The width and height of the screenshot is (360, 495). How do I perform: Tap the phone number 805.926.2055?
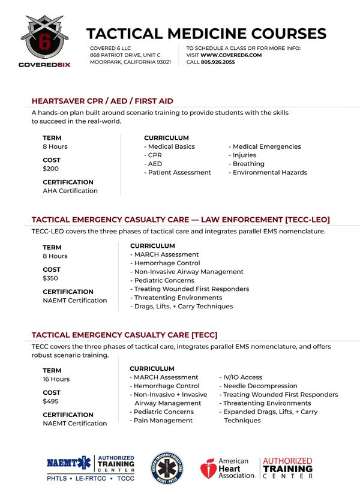coord(218,62)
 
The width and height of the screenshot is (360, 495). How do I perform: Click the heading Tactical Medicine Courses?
coord(206,34)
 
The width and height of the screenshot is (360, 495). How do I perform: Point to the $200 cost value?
coord(51,169)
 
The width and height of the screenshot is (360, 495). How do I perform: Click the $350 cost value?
coord(51,278)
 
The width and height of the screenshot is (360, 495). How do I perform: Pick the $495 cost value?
coord(51,401)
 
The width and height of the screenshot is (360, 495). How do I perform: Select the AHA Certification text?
coord(70,191)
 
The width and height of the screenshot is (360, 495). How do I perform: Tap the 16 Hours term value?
coord(56,379)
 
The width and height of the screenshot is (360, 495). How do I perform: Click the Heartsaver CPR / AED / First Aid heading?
coord(103,101)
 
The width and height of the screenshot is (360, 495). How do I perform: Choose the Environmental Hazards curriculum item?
coord(269,172)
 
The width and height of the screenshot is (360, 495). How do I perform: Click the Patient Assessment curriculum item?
coord(179,172)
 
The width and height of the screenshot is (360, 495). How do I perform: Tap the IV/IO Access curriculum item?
coord(242,377)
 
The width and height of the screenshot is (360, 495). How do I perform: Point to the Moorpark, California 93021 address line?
coord(130,62)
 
